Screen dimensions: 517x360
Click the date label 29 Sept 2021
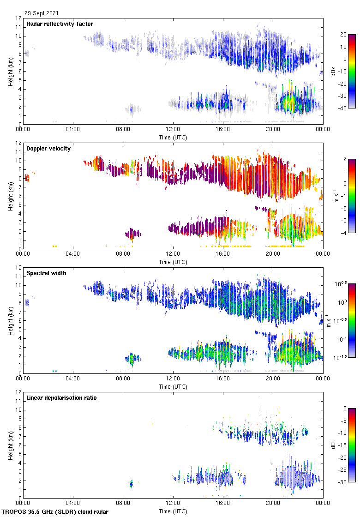pyautogui.click(x=42, y=14)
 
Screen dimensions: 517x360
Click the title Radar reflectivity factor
pyautogui.click(x=60, y=24)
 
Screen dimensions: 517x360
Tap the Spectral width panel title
pyautogui.click(x=46, y=273)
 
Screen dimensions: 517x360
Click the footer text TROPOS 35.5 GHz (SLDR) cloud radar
pyautogui.click(x=55, y=512)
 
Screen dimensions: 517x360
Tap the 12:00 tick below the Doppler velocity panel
pyautogui.click(x=173, y=253)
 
